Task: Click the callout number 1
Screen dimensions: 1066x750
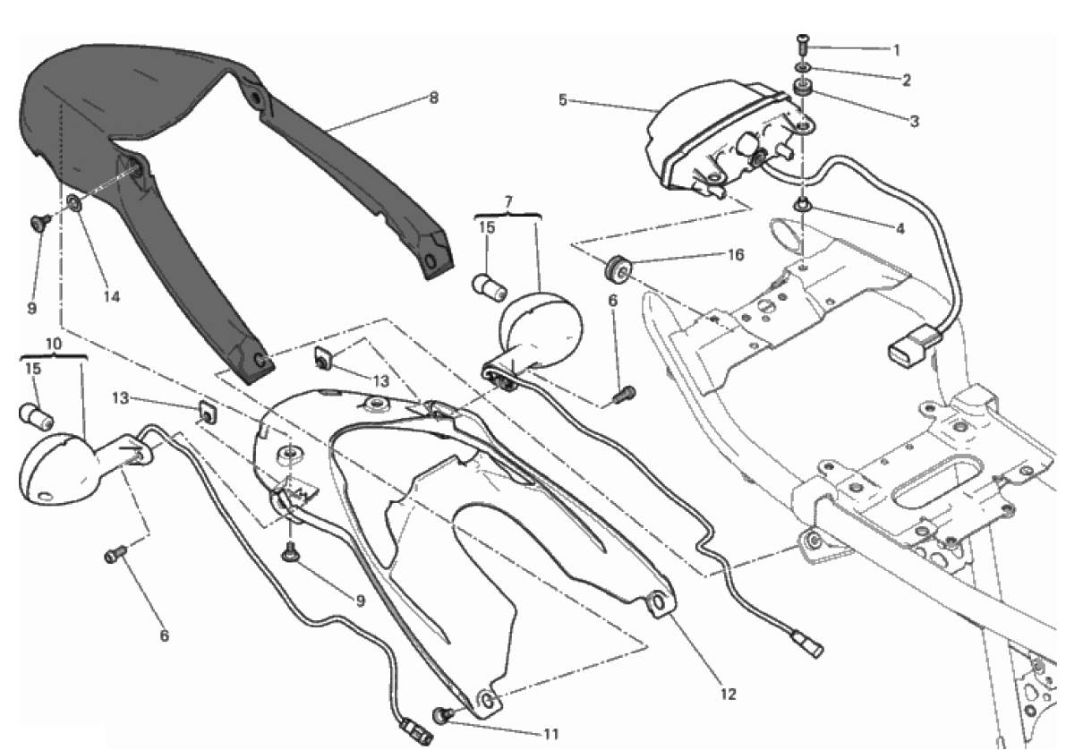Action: pos(897,49)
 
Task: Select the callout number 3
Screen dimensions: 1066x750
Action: pos(915,121)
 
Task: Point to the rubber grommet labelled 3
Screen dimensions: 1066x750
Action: pos(803,89)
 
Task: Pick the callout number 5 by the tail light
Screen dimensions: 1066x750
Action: pos(562,100)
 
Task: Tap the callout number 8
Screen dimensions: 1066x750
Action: pos(434,98)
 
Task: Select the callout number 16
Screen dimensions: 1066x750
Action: pos(736,255)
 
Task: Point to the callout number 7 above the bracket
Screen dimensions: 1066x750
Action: pos(508,201)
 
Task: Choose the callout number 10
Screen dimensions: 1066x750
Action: pos(54,344)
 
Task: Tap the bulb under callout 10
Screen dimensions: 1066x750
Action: pos(36,415)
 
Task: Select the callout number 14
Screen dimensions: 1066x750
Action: pos(112,296)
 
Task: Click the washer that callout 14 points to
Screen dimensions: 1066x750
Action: pos(73,202)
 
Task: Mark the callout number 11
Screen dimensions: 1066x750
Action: pos(550,735)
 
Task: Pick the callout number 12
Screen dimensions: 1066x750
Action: pos(728,695)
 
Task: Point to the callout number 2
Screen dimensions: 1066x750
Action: pos(906,81)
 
